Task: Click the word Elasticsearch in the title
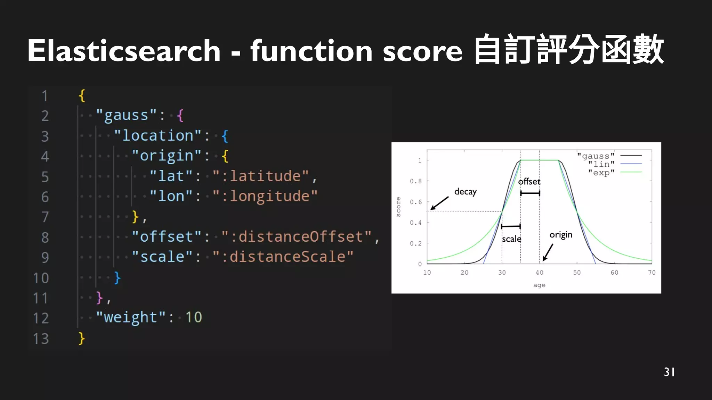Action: (124, 51)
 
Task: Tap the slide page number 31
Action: (669, 372)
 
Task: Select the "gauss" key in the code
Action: (126, 115)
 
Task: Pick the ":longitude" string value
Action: (265, 196)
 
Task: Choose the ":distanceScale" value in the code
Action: (283, 257)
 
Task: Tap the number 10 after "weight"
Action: (193, 317)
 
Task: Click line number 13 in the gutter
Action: (41, 339)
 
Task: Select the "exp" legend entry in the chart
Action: (601, 173)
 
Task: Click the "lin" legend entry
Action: (601, 164)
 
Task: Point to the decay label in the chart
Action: (465, 192)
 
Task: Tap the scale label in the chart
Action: (511, 239)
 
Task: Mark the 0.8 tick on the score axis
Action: (415, 181)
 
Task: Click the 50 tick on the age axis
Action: (577, 273)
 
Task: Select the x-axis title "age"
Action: (539, 285)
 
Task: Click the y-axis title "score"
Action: (398, 207)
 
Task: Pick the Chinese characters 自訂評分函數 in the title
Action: (569, 50)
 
